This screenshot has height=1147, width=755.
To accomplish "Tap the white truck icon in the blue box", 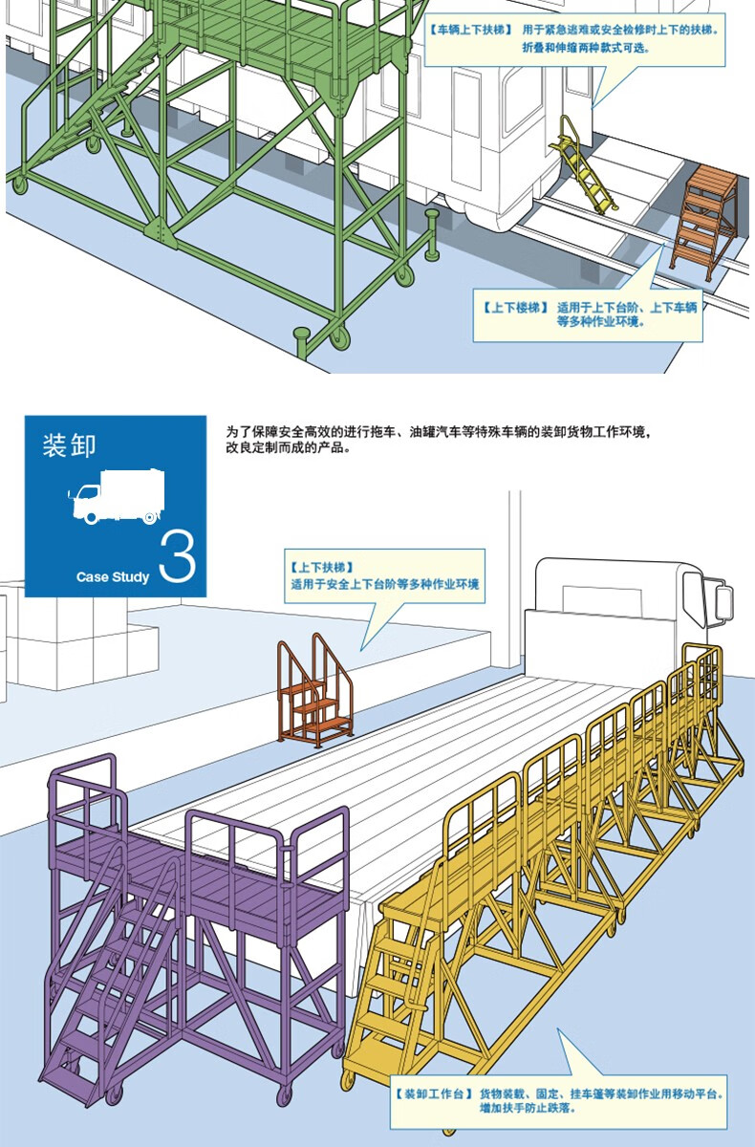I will [x=118, y=498].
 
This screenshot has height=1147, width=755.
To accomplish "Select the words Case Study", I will [x=113, y=576].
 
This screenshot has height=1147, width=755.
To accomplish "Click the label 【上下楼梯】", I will [x=515, y=308].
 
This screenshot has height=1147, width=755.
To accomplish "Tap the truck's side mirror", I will [x=723, y=601].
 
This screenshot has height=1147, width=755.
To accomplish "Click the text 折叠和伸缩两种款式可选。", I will [x=586, y=46].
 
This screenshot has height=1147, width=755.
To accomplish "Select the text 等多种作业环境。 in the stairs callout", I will [x=601, y=322].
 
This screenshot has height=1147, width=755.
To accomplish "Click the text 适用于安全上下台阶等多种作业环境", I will [x=384, y=583].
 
